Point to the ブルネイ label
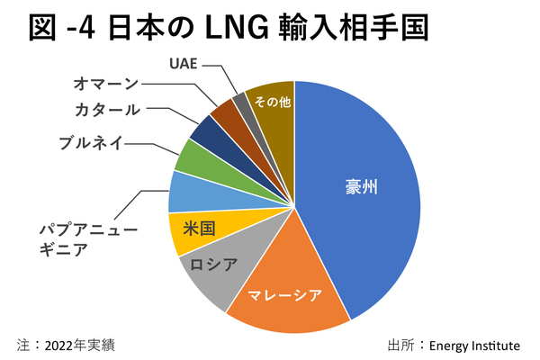[94, 141]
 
